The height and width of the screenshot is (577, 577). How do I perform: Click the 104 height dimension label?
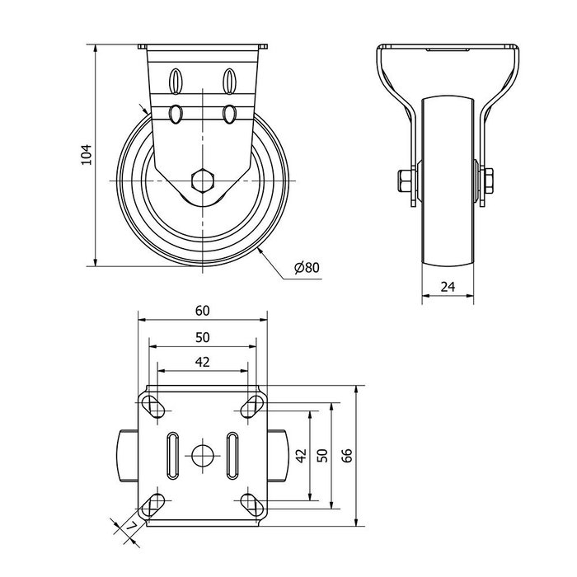86,155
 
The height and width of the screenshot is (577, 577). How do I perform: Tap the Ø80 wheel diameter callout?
307,268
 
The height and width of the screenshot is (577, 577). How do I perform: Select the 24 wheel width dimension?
448,287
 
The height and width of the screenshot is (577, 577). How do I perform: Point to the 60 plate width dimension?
203,311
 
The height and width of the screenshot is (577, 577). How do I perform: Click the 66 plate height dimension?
347,455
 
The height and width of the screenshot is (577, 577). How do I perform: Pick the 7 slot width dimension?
130,528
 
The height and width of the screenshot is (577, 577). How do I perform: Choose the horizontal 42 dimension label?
203,362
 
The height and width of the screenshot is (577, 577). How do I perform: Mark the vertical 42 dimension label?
301,455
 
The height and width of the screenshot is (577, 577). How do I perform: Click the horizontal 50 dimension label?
203,337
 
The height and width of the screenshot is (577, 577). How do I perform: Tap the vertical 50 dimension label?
322,455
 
